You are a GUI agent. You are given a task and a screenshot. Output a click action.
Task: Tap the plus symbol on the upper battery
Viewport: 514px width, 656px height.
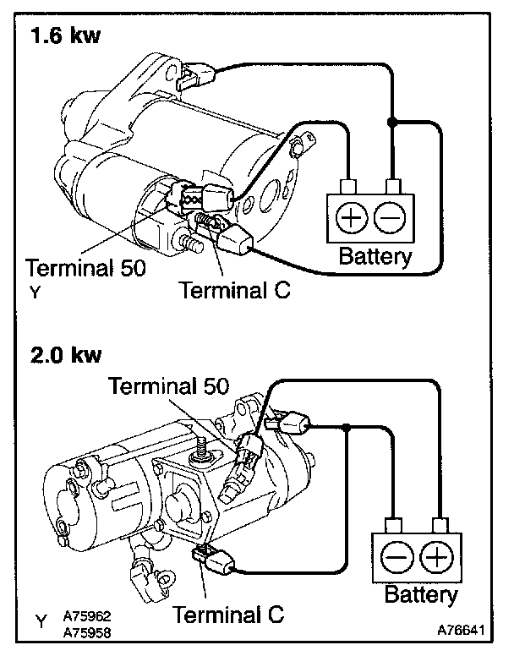350,219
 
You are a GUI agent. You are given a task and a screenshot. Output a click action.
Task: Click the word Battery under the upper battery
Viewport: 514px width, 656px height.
375,255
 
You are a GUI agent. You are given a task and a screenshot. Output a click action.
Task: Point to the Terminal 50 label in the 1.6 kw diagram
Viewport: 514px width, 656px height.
85,268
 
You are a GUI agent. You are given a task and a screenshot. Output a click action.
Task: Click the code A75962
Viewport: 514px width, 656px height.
88,617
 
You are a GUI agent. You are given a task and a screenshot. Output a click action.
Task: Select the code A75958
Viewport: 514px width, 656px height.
88,631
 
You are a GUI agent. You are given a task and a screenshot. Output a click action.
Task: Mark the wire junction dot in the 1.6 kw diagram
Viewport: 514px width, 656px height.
391,123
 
